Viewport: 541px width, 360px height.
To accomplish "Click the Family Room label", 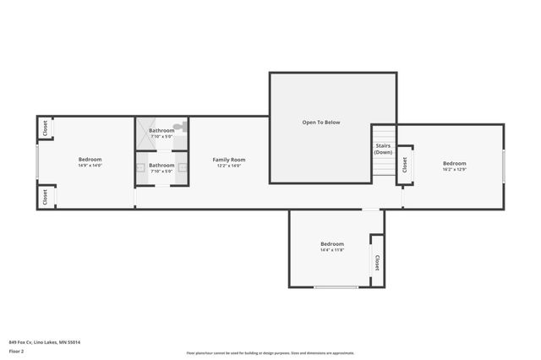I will coord(228,160).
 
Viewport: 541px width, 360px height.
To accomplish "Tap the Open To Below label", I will coord(321,123).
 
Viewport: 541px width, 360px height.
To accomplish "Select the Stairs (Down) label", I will coord(383,149).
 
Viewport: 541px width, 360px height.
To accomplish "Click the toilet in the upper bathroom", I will coord(178,127).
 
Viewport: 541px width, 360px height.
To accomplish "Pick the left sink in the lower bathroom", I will coord(140,166).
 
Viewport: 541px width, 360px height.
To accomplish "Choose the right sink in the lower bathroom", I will coord(181,166).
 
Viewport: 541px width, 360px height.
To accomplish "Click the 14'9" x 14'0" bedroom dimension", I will coord(90,166).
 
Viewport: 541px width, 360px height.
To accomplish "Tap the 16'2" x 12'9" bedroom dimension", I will coord(454,170).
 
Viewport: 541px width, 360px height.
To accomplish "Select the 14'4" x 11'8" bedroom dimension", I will coord(332,250).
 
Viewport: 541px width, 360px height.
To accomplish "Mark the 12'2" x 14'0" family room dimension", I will coord(228,166).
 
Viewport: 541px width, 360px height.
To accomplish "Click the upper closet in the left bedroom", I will coord(44,128).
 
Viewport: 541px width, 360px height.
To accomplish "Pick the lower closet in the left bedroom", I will coord(44,196).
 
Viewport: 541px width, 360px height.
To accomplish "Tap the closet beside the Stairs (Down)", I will coord(405,164).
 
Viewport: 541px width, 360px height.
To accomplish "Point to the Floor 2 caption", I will coord(16,351).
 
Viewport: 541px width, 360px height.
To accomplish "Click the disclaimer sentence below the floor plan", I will coord(270,353).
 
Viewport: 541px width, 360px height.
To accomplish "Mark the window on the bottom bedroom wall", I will coord(336,287).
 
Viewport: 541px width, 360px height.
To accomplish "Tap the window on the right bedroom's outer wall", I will coord(504,166).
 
